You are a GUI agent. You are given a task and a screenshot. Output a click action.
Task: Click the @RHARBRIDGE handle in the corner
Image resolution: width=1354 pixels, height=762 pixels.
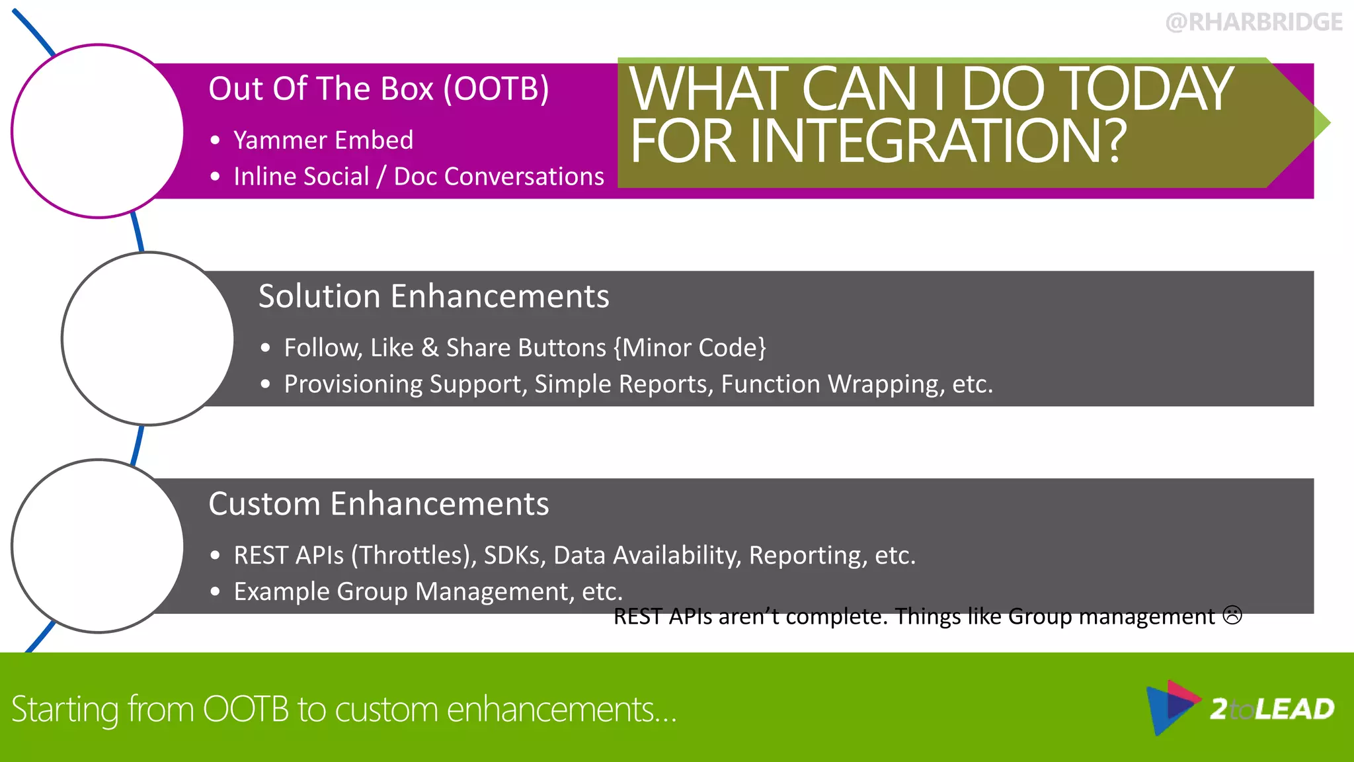pyautogui.click(x=1254, y=22)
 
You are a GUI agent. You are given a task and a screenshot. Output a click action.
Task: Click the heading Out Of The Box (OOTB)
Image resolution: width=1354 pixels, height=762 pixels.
pyautogui.click(x=378, y=89)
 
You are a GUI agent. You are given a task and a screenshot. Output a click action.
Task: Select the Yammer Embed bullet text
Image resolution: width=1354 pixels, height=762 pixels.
pyautogui.click(x=323, y=140)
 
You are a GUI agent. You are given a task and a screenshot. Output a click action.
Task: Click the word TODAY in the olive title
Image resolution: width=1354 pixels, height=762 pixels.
pyautogui.click(x=1097, y=89)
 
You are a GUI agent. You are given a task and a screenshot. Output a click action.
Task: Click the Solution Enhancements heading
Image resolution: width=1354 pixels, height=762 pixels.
pyautogui.click(x=433, y=296)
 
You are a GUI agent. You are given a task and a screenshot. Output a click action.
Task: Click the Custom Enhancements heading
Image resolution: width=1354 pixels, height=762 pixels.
pyautogui.click(x=378, y=503)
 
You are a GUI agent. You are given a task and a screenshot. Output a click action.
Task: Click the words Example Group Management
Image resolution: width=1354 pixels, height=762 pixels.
pyautogui.click(x=403, y=591)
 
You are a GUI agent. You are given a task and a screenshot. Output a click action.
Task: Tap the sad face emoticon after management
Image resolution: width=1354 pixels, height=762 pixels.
pyautogui.click(x=1232, y=615)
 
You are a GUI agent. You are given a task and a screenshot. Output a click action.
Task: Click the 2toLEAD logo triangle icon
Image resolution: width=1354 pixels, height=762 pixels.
pyautogui.click(x=1171, y=707)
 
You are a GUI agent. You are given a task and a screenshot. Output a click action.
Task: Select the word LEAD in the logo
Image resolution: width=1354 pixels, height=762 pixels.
pyautogui.click(x=1294, y=709)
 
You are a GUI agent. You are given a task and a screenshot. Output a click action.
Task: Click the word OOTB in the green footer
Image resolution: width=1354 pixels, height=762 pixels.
pyautogui.click(x=246, y=709)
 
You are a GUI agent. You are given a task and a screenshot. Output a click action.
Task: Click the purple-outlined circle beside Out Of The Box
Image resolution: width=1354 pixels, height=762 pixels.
pyautogui.click(x=98, y=131)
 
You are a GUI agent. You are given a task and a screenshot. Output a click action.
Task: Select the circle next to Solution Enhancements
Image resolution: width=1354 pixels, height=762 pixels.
pyautogui.click(x=147, y=339)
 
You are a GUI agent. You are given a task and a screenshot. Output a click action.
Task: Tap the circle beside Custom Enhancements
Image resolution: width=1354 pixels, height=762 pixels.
pyautogui.click(x=98, y=546)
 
